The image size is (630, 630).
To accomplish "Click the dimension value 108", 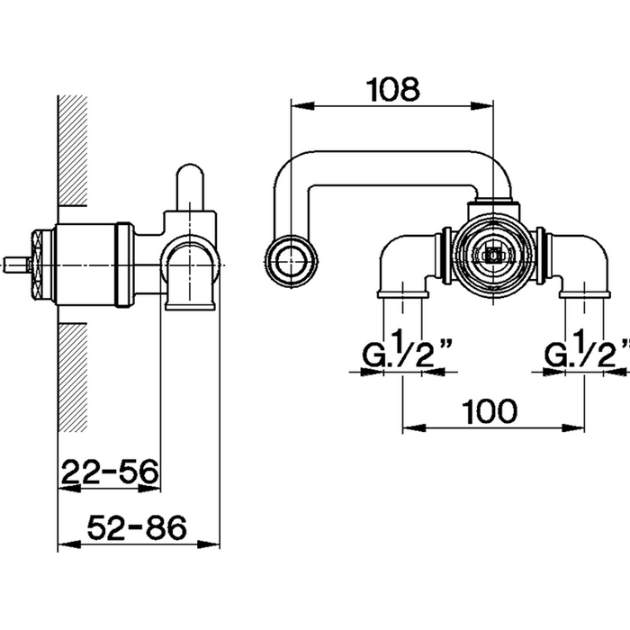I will click(x=393, y=88).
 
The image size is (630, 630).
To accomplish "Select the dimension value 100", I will click(x=490, y=411).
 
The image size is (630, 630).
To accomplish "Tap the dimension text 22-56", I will click(x=110, y=471).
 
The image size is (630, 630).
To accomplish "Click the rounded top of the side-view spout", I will click(x=191, y=176).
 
